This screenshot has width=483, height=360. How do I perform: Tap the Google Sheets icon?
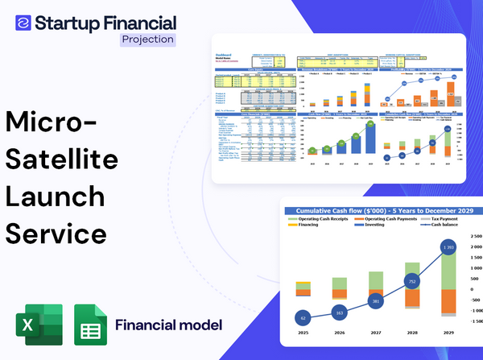pos(90,325)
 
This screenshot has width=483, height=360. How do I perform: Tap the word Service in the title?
pos(56,234)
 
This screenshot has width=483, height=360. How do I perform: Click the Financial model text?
pos(168,325)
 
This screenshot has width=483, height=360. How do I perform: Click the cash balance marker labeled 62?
pos(302,317)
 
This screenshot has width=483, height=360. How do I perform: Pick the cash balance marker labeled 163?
pos(340,312)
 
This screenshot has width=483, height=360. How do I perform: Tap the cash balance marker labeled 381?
pos(375,301)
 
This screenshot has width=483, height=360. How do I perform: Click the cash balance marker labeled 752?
pos(412,282)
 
